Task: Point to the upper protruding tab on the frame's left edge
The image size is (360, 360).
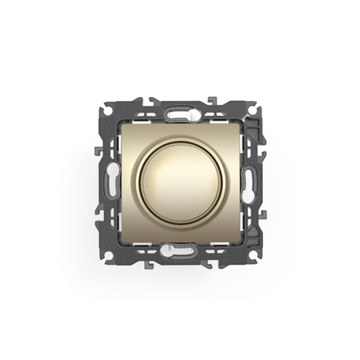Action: pyautogui.click(x=97, y=152)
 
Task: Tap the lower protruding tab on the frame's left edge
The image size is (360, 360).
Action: pyautogui.click(x=97, y=210)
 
